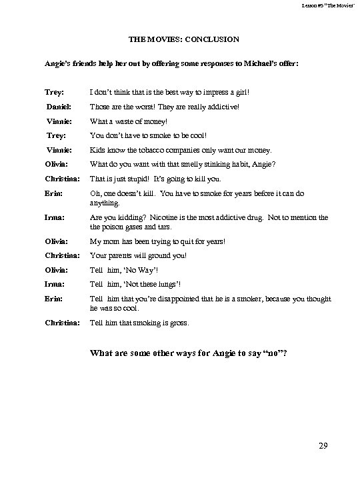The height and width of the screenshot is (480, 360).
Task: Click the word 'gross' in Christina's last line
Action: pyautogui.click(x=179, y=323)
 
